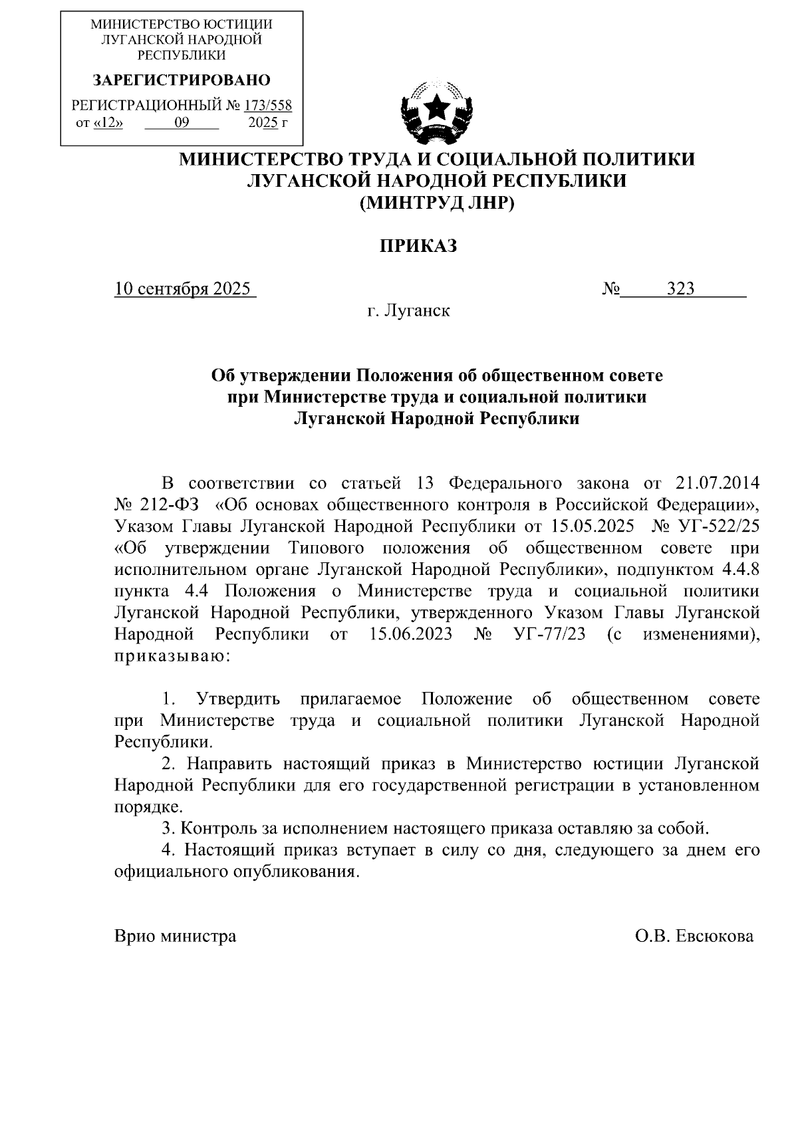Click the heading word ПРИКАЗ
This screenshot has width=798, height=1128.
(x=418, y=247)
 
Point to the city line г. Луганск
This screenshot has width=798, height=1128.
(x=408, y=310)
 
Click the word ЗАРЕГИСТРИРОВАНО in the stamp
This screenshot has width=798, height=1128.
(x=181, y=81)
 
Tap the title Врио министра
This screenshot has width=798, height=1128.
(x=175, y=937)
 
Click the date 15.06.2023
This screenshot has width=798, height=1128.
(x=410, y=634)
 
